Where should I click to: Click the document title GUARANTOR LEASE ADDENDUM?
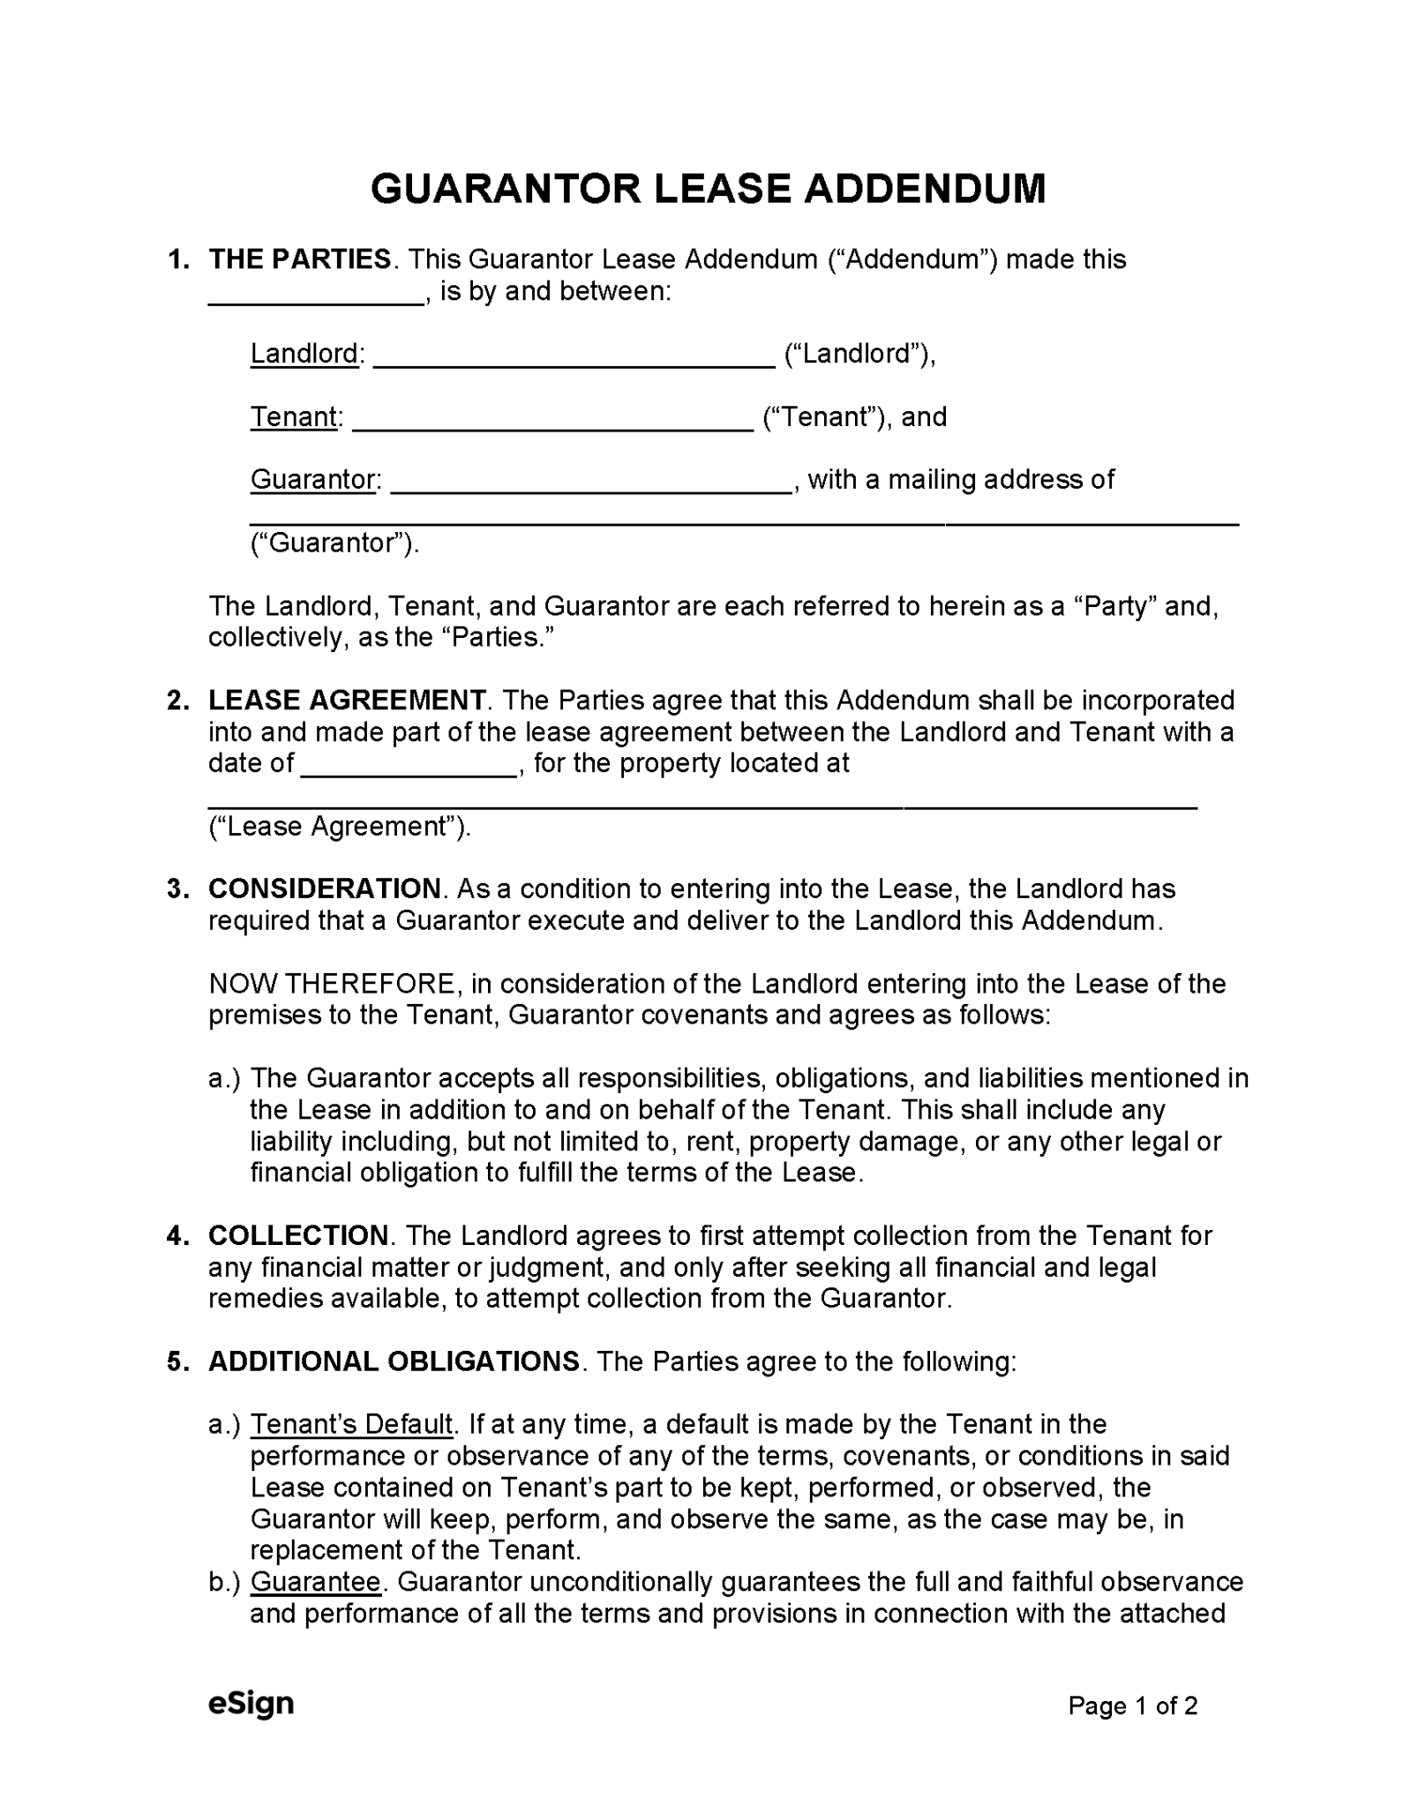(x=708, y=189)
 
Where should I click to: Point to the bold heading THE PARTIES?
(x=300, y=259)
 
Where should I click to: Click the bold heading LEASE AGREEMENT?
(x=347, y=701)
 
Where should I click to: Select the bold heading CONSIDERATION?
(x=325, y=889)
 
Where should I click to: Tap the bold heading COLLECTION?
(x=298, y=1235)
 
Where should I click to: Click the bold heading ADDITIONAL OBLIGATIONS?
(x=394, y=1361)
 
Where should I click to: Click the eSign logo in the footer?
(x=251, y=1703)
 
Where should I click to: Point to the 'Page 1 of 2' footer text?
(x=1132, y=1706)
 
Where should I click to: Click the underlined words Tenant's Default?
(x=351, y=1424)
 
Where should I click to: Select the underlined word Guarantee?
(x=315, y=1582)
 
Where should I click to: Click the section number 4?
(x=176, y=1235)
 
